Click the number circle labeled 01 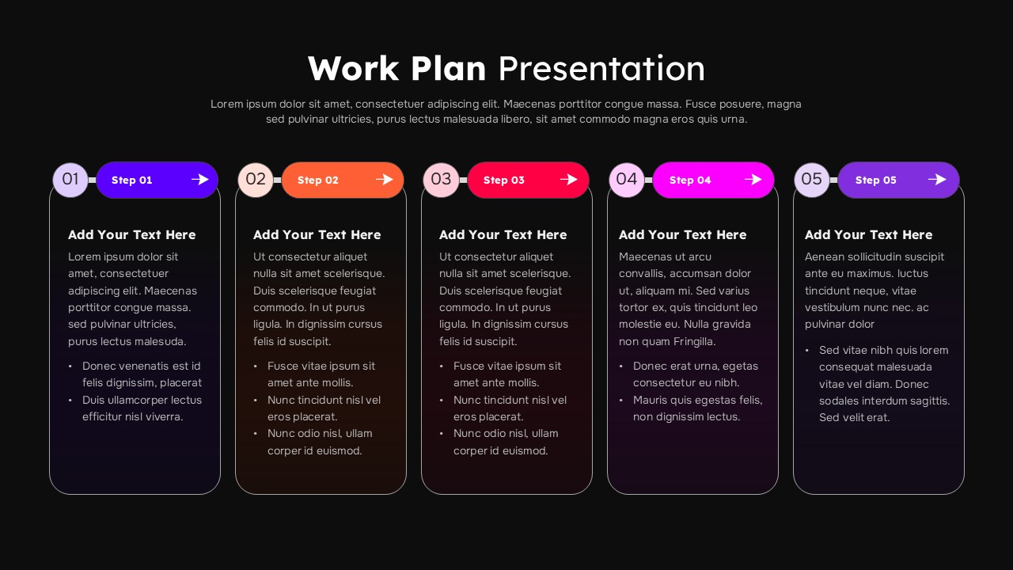pyautogui.click(x=70, y=180)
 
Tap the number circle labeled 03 pyautogui.click(x=441, y=180)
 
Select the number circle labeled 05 pyautogui.click(x=811, y=180)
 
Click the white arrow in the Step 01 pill pyautogui.click(x=199, y=180)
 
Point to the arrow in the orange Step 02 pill pyautogui.click(x=385, y=180)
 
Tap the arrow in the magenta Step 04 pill pyautogui.click(x=753, y=180)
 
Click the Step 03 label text pyautogui.click(x=503, y=180)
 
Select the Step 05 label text pyautogui.click(x=875, y=180)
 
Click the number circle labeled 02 pyautogui.click(x=256, y=180)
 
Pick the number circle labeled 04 pyautogui.click(x=626, y=180)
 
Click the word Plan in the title pyautogui.click(x=448, y=69)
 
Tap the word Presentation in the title pyautogui.click(x=601, y=69)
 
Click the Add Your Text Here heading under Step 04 pyautogui.click(x=682, y=235)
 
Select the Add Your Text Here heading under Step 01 pyautogui.click(x=131, y=235)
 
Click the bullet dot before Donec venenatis pyautogui.click(x=70, y=367)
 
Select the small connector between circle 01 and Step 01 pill pyautogui.click(x=92, y=180)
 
